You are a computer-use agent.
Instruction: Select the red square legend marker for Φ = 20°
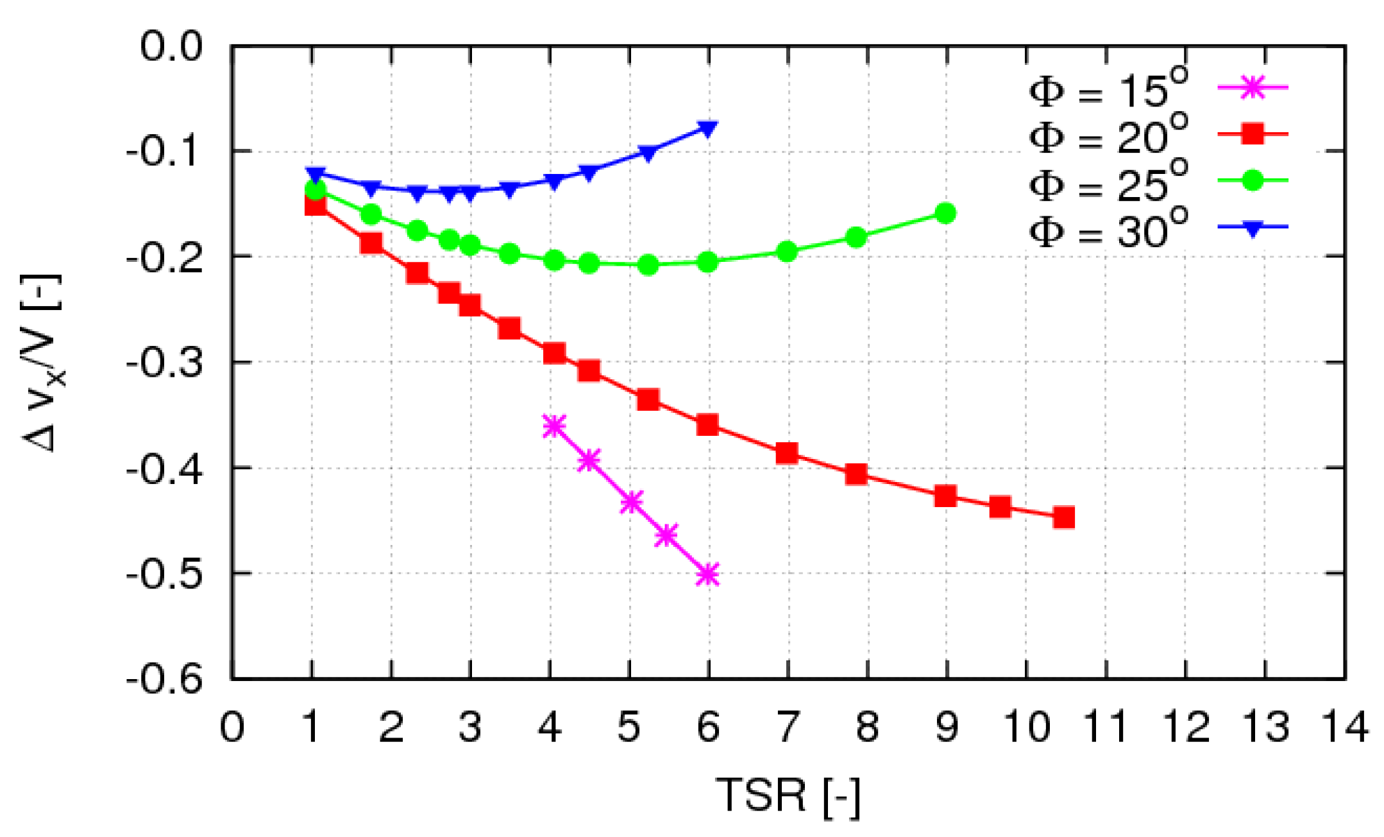tap(1251, 134)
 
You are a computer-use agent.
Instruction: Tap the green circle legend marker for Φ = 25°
tap(1251, 181)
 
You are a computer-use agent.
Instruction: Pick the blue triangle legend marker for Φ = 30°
tap(1251, 228)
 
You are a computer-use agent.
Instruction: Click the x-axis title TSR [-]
tap(788, 796)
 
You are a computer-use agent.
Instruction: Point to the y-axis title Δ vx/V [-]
tap(42, 363)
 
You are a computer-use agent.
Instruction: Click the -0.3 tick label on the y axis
tap(164, 363)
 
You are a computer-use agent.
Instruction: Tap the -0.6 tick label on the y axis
tap(164, 679)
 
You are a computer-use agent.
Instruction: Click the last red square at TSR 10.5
tap(1063, 517)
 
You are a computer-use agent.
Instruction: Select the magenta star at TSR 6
tap(707, 574)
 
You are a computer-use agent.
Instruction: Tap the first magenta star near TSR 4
tap(553, 426)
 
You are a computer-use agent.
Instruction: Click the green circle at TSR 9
tap(945, 213)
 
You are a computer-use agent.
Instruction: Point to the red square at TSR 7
tap(787, 453)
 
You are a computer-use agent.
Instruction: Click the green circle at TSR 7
tap(787, 252)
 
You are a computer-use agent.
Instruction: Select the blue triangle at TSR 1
tap(315, 174)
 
